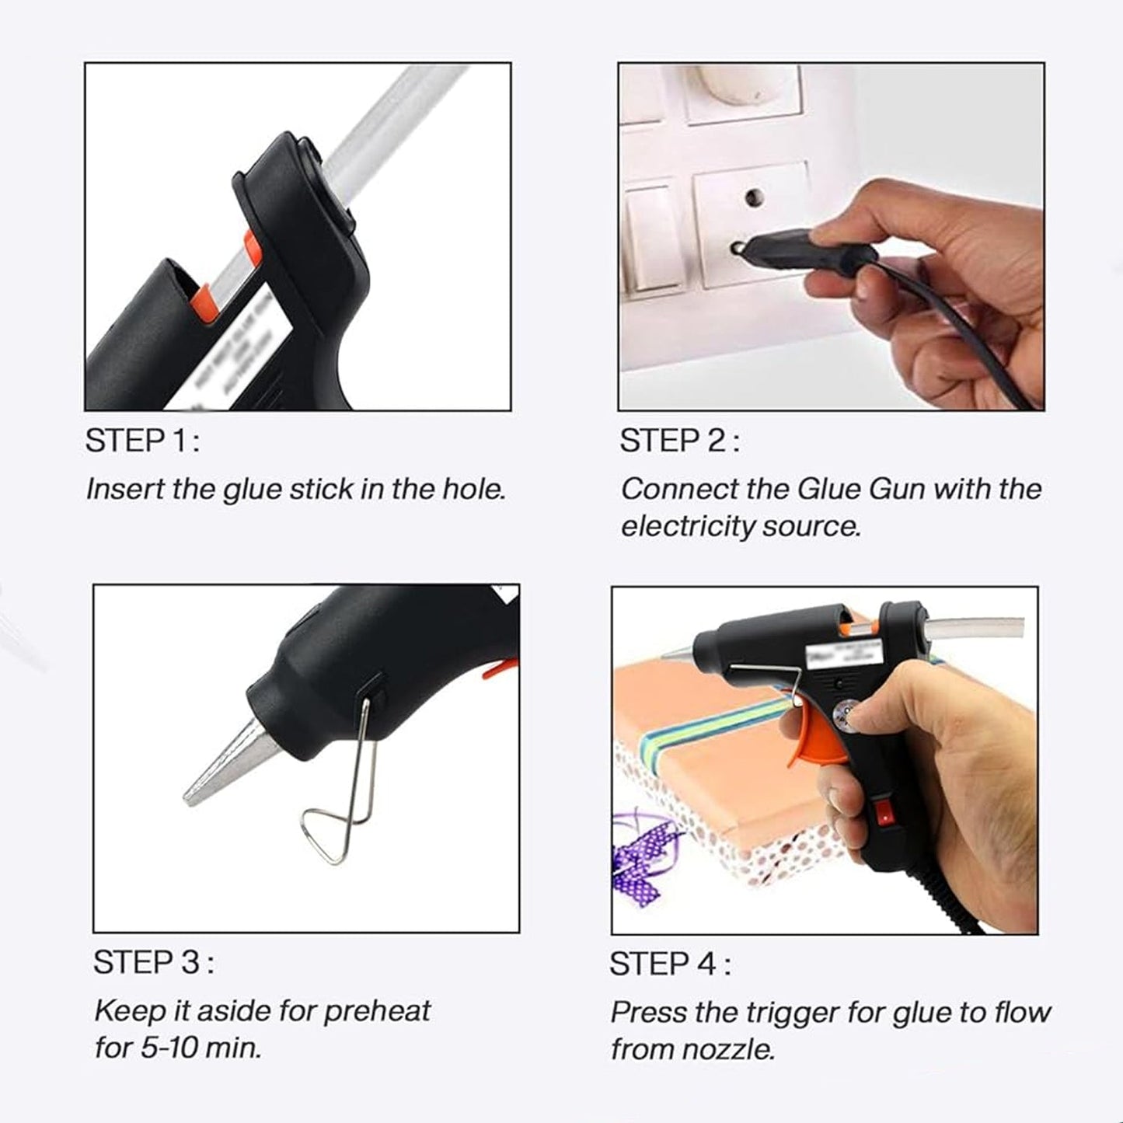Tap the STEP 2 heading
tap(678, 441)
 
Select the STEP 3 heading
tap(153, 963)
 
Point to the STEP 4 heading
tap(669, 964)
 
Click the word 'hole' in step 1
tap(473, 490)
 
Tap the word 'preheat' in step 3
tap(376, 1011)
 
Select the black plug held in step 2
tap(808, 253)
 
